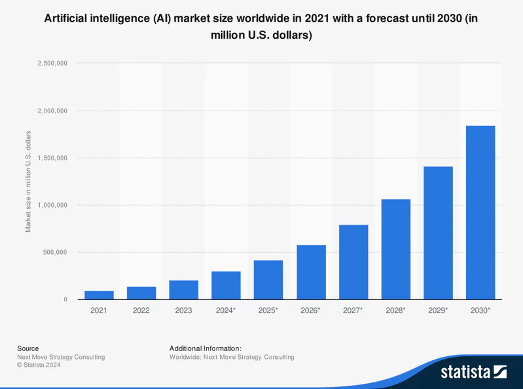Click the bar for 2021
(x=99, y=295)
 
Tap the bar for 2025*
(x=268, y=280)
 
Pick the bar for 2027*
(x=353, y=262)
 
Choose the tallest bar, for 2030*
(x=480, y=212)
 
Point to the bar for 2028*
(x=395, y=249)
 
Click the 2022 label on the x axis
(x=141, y=310)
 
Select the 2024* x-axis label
(x=226, y=310)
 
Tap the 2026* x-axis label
(x=310, y=310)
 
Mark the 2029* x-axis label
(x=438, y=310)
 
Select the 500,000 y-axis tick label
(x=52, y=252)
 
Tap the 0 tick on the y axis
(x=65, y=300)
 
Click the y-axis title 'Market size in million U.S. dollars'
(x=28, y=181)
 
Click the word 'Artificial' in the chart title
(x=69, y=19)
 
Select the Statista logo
(x=473, y=372)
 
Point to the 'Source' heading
(x=27, y=348)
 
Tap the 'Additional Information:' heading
(x=205, y=348)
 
